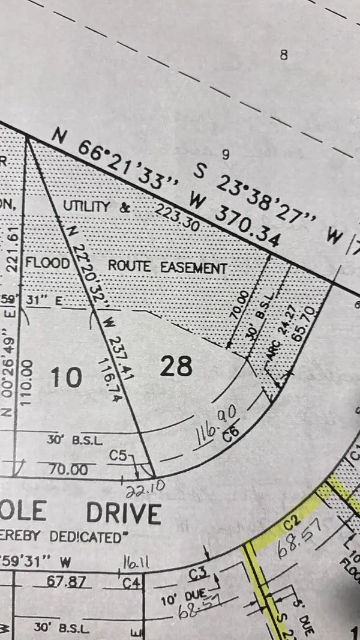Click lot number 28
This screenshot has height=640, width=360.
[x=176, y=366]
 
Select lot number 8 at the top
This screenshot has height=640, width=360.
[x=284, y=55]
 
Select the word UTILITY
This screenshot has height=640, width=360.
[x=88, y=207]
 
